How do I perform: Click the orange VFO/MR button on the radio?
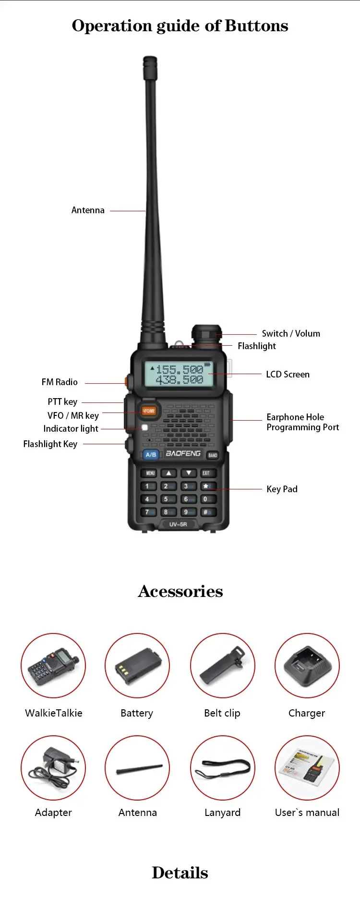[x=149, y=411]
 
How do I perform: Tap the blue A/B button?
[x=151, y=454]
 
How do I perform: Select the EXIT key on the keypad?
[x=206, y=473]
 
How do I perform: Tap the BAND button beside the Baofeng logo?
[x=213, y=455]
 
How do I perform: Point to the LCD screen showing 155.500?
[x=179, y=374]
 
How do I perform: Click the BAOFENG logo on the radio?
[x=183, y=453]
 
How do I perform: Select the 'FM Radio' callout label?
[x=60, y=382]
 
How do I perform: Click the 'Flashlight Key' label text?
[x=50, y=444]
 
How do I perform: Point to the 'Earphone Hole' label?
[x=295, y=417]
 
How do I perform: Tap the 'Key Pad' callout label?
[x=282, y=489]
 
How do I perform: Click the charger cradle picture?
[x=307, y=666]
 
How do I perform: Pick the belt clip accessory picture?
[x=223, y=666]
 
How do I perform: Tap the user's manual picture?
[x=307, y=767]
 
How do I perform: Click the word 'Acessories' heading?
[x=180, y=591]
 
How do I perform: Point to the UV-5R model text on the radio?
[x=178, y=524]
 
